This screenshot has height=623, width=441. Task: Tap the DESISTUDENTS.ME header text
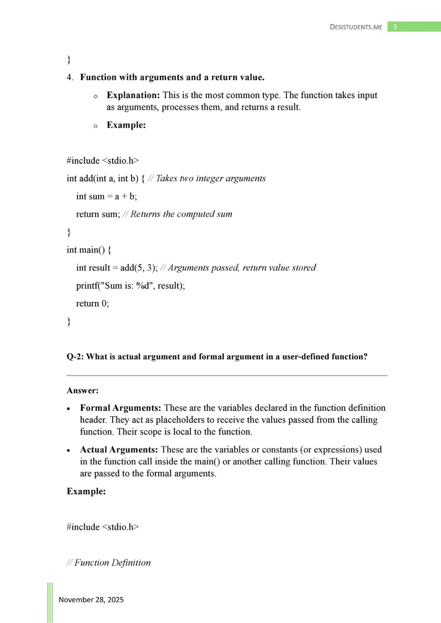tap(356, 27)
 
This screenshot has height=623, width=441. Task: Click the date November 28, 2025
tap(91, 600)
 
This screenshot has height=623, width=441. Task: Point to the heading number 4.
tap(70, 77)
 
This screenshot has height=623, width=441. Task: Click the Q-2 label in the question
tap(75, 357)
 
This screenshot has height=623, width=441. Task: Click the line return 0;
tap(92, 303)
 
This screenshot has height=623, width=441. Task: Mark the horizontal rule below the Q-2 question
tap(227, 375)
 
